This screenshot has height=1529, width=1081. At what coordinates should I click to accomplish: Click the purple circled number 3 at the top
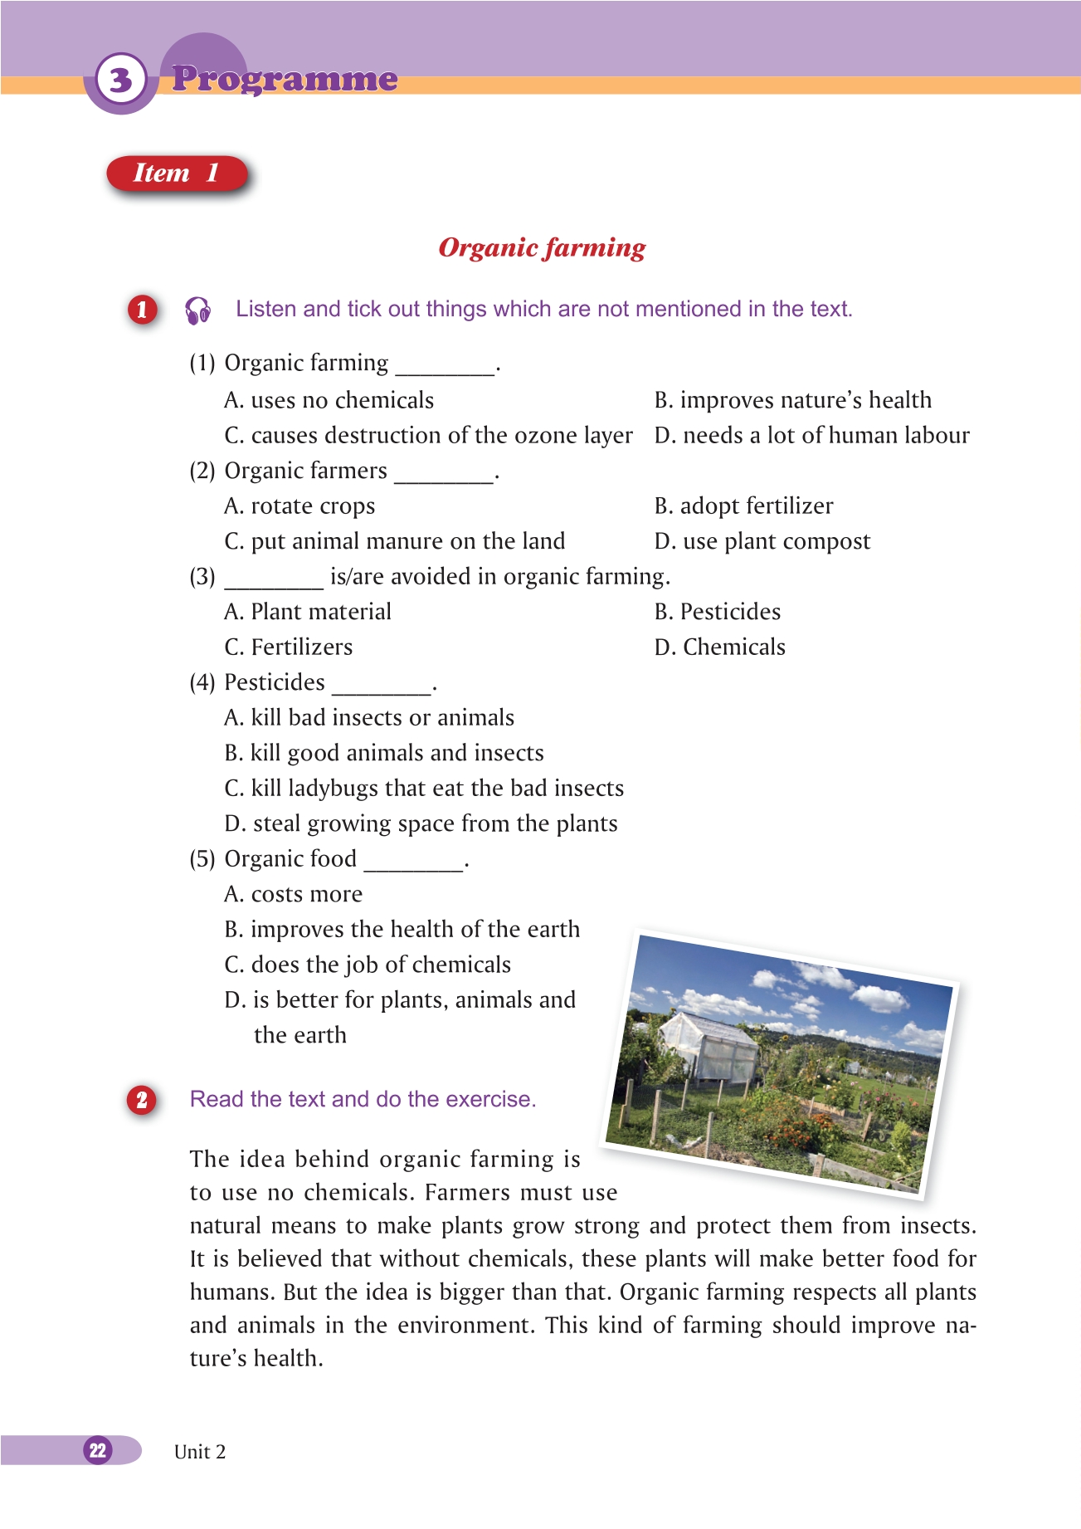[121, 81]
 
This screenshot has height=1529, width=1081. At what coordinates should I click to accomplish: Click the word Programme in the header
[285, 79]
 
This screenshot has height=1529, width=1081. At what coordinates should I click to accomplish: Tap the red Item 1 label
[177, 173]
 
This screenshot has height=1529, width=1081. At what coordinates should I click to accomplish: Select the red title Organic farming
[542, 247]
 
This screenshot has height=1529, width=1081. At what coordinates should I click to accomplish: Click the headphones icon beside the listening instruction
[197, 310]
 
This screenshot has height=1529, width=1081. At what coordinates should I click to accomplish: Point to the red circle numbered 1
[142, 310]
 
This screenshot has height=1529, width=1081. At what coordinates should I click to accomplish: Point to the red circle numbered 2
[142, 1100]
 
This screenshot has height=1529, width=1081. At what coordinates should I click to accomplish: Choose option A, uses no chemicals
[329, 400]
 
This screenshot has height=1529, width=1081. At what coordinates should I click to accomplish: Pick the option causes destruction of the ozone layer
[428, 436]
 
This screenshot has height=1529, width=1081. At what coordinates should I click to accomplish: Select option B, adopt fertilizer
[743, 506]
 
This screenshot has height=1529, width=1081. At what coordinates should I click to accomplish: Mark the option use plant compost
[762, 541]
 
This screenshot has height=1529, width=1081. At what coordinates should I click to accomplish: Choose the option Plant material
[308, 612]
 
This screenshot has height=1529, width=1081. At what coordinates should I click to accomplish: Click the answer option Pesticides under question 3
[718, 612]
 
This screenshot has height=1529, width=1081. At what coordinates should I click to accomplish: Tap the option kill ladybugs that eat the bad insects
[424, 789]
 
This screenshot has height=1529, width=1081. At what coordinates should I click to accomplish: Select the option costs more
[294, 894]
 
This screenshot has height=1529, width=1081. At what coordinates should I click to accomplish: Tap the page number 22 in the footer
[98, 1450]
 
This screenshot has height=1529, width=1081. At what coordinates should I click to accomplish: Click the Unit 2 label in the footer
[200, 1452]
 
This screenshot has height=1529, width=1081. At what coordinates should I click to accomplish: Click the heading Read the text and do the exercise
[363, 1099]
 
